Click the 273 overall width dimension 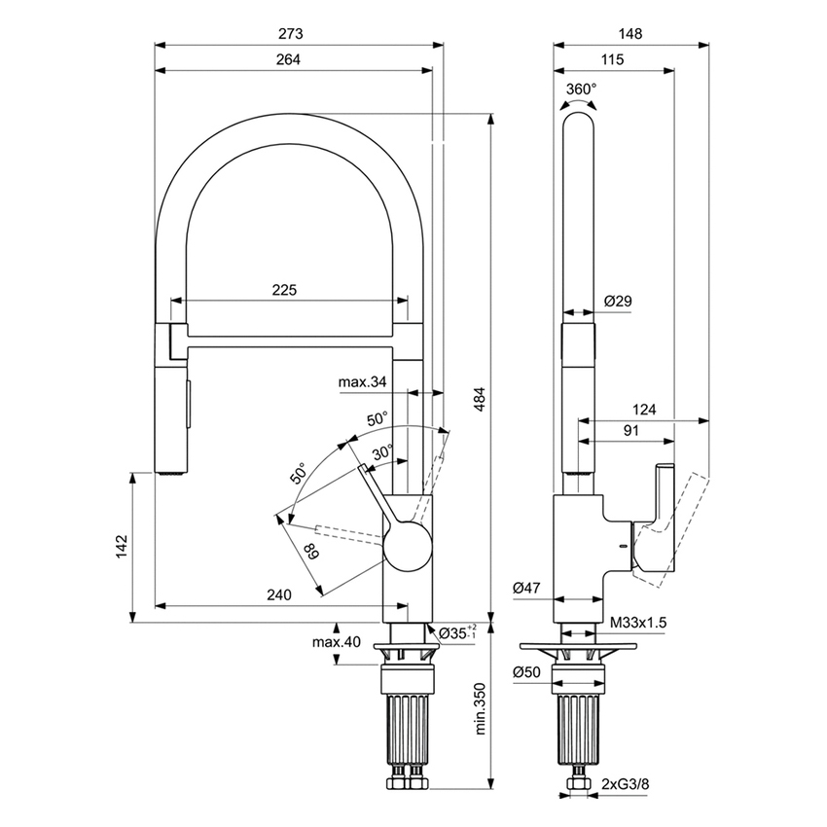pyautogui.click(x=291, y=33)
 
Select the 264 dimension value pyautogui.click(x=289, y=59)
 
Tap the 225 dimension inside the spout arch pyautogui.click(x=283, y=290)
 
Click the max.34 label pyautogui.click(x=364, y=382)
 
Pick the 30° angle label pyautogui.click(x=382, y=451)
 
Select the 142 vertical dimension pyautogui.click(x=121, y=548)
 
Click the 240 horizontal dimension pyautogui.click(x=279, y=595)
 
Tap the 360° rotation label pyautogui.click(x=581, y=89)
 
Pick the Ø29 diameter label pyautogui.click(x=617, y=302)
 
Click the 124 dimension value pyautogui.click(x=643, y=411)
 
